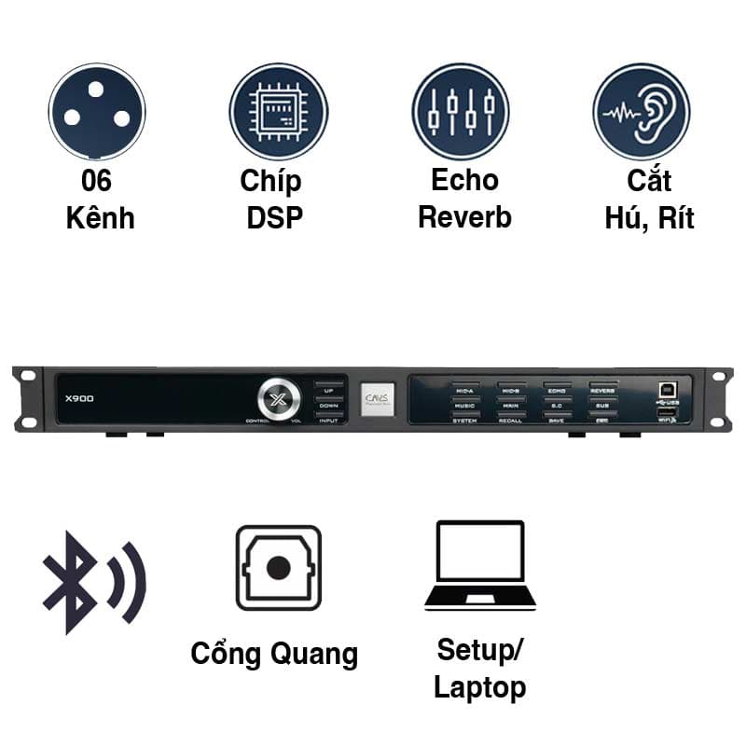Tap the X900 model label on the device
click(80, 399)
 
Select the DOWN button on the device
click(328, 406)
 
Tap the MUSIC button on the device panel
click(465, 405)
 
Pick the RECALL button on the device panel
click(511, 421)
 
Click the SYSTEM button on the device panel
click(465, 421)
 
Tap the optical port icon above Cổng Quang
click(278, 568)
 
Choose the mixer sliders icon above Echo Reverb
click(461, 111)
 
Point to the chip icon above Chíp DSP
click(278, 111)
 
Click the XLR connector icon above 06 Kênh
click(97, 111)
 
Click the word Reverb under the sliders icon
click(464, 217)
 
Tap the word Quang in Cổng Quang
click(314, 653)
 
